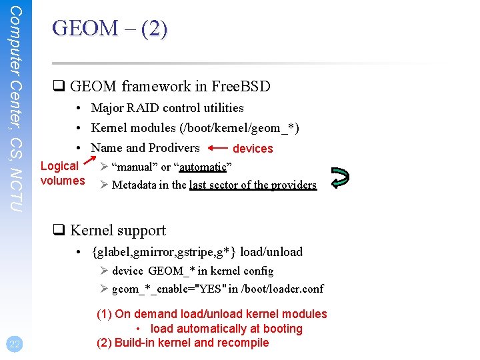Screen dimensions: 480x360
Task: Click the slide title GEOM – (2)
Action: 110,29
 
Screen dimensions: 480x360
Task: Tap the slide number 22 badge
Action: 14,344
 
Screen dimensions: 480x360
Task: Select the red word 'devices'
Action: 253,149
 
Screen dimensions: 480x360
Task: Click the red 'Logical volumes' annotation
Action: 62,173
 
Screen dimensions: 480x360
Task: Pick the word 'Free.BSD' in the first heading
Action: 241,86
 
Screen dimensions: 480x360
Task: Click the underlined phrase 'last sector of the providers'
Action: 253,185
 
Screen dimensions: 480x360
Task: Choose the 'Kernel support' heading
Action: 117,230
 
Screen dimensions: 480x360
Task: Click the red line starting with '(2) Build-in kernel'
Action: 183,343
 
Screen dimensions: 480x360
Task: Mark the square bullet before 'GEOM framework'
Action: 58,87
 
